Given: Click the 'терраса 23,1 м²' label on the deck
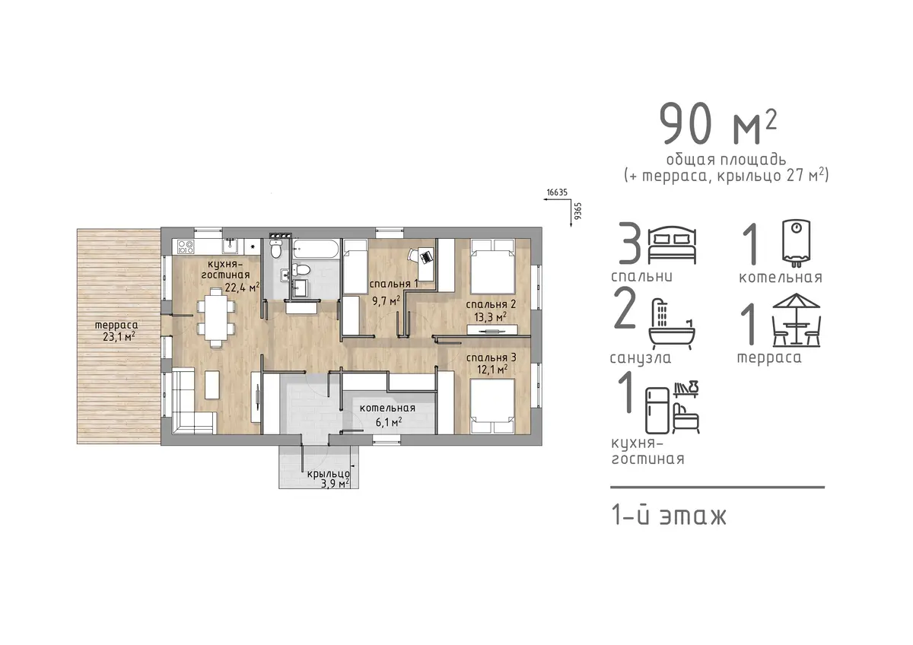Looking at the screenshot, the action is pyautogui.click(x=116, y=331).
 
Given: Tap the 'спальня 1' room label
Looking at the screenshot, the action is pyautogui.click(x=394, y=284).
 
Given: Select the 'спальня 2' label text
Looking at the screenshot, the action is pyautogui.click(x=491, y=304).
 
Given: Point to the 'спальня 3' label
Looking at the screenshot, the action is pyautogui.click(x=491, y=357).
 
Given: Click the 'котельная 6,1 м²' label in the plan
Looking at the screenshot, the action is pyautogui.click(x=387, y=415).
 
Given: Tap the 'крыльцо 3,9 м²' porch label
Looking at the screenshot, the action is pyautogui.click(x=329, y=478).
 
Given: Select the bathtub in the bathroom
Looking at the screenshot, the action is pyautogui.click(x=316, y=249).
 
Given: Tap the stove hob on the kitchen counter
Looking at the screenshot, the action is pyautogui.click(x=186, y=247).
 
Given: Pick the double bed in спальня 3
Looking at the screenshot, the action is pyautogui.click(x=492, y=406).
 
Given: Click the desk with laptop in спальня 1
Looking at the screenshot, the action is pyautogui.click(x=425, y=264).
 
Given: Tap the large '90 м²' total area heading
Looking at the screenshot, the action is pyautogui.click(x=718, y=124).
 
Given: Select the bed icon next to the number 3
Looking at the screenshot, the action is pyautogui.click(x=672, y=245).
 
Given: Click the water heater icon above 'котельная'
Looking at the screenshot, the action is pyautogui.click(x=796, y=243).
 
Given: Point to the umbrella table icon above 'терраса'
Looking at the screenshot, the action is pyautogui.click(x=796, y=320).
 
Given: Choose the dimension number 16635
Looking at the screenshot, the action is pyautogui.click(x=557, y=192).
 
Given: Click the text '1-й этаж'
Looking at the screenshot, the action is pyautogui.click(x=670, y=516).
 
